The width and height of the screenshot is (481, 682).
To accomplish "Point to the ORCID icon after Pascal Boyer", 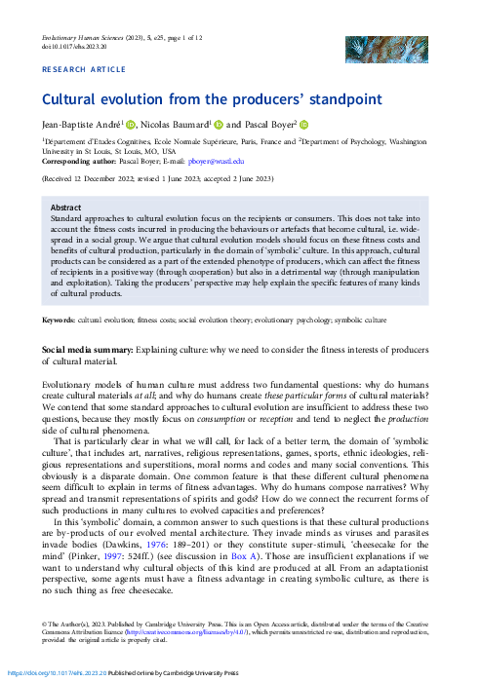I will point(303,124).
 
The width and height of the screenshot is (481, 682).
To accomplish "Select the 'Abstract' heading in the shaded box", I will point(65,208).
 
